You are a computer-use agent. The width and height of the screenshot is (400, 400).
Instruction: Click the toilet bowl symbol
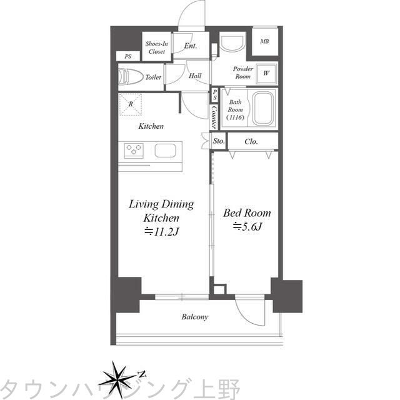[x=131, y=76]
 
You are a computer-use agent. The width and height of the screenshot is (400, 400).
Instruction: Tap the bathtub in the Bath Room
[x=263, y=108]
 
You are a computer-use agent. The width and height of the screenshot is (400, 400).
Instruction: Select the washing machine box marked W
[x=266, y=74]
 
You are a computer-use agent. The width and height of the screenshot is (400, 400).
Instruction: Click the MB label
[x=264, y=41]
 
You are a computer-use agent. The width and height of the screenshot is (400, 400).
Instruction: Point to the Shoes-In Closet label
[x=157, y=47]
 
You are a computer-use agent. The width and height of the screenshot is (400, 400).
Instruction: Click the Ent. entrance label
[x=191, y=46]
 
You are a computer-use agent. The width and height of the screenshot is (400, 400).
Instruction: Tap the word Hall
[x=195, y=76]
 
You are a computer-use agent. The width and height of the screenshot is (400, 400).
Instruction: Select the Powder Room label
[x=243, y=72]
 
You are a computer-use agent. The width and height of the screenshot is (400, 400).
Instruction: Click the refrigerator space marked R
[x=131, y=104]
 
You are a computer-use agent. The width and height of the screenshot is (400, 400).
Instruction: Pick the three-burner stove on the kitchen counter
[x=134, y=150]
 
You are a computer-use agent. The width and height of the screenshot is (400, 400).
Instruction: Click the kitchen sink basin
[x=165, y=150]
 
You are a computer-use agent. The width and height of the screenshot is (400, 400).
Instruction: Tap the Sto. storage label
[x=219, y=141]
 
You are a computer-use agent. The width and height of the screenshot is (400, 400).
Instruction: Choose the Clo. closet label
[x=251, y=141]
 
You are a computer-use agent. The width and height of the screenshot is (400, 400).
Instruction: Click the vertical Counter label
[x=214, y=117]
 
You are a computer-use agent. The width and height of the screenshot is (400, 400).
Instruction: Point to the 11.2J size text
[x=162, y=232]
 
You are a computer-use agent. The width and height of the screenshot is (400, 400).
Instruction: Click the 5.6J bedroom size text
[x=247, y=226]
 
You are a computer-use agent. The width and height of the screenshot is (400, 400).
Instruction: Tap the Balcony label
[x=194, y=317]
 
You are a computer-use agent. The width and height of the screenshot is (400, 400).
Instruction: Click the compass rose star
[x=117, y=378]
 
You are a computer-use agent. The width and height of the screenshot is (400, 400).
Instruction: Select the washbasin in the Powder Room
[x=232, y=44]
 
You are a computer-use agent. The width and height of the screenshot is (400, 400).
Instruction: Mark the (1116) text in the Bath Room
[x=235, y=117]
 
